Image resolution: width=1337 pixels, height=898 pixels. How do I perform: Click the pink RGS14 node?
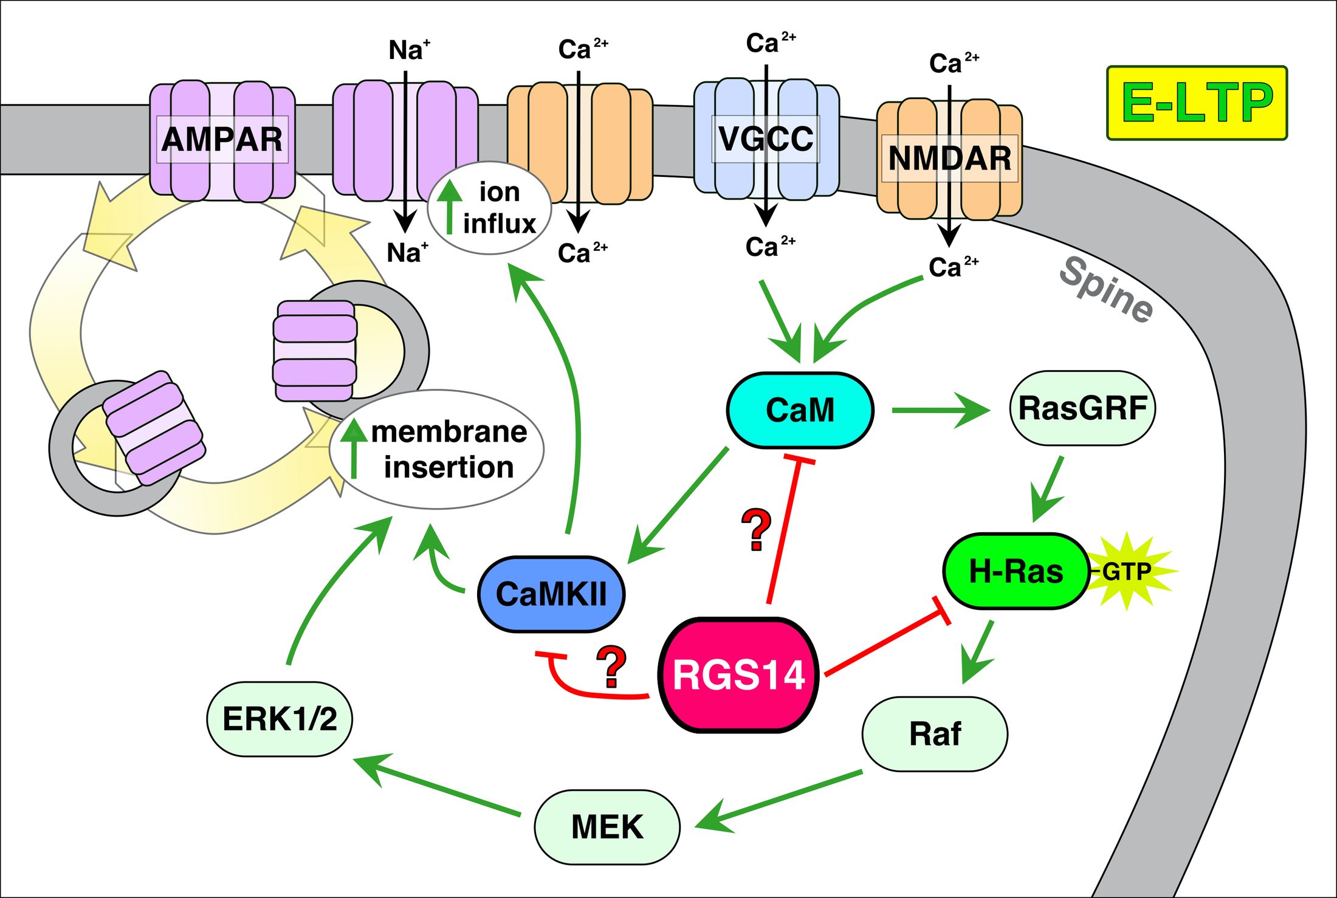[738, 675]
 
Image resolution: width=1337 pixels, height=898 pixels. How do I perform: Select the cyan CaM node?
[800, 410]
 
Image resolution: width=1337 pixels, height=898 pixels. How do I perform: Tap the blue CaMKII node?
[551, 594]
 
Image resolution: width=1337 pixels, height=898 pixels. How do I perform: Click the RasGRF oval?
[1082, 408]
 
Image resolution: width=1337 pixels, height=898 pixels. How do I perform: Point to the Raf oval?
[935, 734]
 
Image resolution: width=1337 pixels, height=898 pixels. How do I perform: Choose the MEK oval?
[607, 827]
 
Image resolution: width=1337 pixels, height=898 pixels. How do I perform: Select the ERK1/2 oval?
[280, 719]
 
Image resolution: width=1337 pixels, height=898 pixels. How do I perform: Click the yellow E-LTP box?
[1197, 103]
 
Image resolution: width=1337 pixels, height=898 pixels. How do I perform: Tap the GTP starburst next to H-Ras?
[1128, 572]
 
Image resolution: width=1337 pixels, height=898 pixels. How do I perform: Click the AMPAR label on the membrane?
[222, 139]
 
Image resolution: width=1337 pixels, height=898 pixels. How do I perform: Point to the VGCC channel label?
[766, 139]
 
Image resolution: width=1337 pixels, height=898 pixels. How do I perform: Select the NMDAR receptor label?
[949, 158]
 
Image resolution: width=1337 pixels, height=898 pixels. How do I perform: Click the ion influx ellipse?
[490, 208]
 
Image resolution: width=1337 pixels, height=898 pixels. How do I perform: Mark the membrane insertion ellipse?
[437, 449]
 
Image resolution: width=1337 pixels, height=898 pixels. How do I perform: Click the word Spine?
[1106, 289]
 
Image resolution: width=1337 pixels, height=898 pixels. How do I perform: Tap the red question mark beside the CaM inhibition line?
[757, 530]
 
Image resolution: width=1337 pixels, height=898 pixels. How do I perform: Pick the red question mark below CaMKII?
[611, 667]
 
